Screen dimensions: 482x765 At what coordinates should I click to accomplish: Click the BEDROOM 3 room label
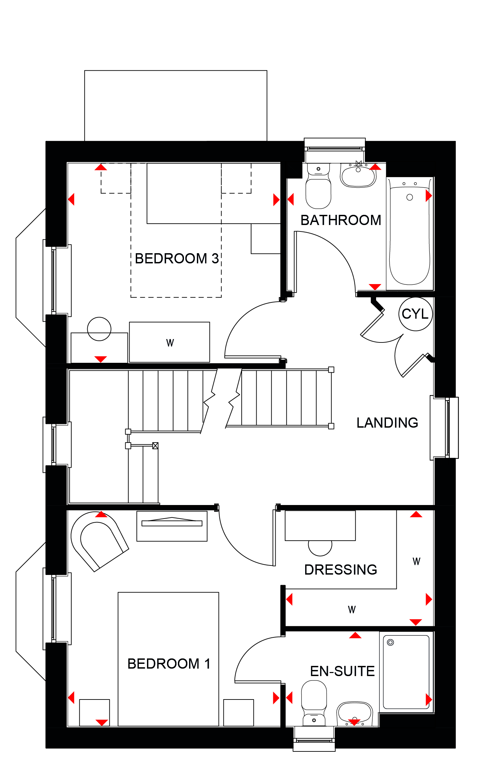point(177,259)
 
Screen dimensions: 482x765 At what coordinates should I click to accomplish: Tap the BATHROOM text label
point(341,220)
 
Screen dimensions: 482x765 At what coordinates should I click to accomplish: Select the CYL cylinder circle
point(415,314)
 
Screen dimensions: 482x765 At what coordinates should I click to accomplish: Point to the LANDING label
point(387,423)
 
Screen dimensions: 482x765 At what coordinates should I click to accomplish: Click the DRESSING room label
point(341,570)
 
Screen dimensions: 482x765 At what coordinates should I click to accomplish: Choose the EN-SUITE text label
point(342,671)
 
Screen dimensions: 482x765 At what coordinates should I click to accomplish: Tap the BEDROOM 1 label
point(169,664)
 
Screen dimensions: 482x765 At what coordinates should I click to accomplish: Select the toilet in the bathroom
point(318,186)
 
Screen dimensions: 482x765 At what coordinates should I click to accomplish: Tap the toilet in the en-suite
point(314,703)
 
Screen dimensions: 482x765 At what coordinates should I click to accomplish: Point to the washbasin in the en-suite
point(355,714)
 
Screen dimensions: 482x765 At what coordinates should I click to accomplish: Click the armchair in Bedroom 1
point(98,541)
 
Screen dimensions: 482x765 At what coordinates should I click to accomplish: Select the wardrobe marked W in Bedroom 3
point(170,342)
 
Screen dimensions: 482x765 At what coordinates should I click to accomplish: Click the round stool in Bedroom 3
point(99,329)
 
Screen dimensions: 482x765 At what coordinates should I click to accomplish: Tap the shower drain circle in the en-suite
point(390,642)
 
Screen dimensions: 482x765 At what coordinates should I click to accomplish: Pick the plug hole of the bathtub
point(410,197)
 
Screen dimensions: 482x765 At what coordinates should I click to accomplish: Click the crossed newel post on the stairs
point(155,446)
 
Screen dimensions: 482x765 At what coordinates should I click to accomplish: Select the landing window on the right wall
point(445,428)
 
